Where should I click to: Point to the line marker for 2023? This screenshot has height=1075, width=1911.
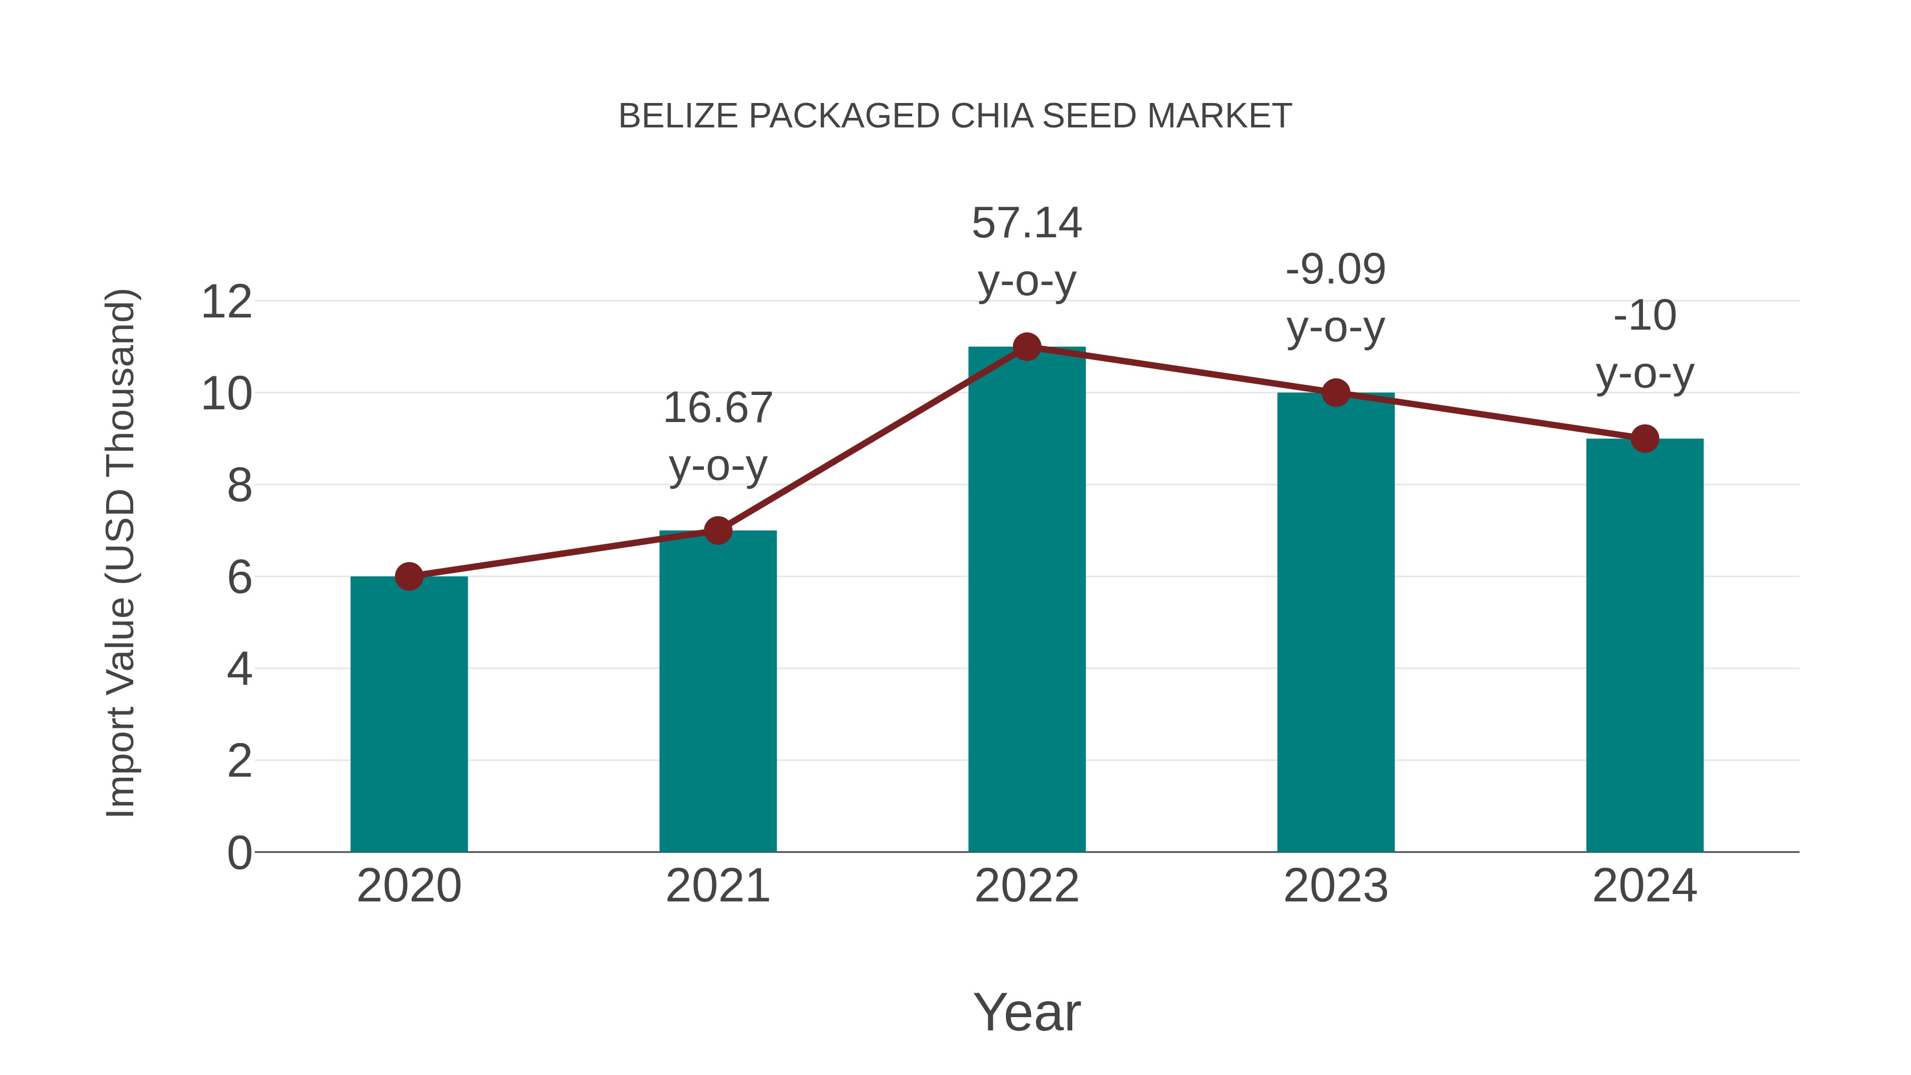click(1336, 392)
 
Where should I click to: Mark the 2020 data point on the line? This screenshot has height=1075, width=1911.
click(409, 577)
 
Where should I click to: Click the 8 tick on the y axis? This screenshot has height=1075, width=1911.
click(239, 486)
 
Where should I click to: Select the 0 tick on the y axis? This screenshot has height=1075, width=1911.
click(239, 853)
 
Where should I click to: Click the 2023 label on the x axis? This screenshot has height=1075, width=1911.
click(1336, 886)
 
